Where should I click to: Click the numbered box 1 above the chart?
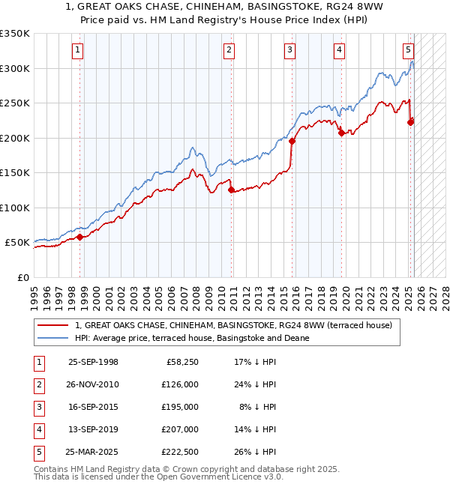79,50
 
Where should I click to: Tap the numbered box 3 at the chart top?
289,50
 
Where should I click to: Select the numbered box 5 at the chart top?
408,50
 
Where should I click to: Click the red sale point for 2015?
292,141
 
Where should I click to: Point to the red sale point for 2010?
232,190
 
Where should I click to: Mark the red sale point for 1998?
80,237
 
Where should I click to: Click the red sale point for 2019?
341,133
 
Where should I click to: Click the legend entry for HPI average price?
192,338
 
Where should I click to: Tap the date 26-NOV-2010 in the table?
93,384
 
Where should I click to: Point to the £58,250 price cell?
180,362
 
